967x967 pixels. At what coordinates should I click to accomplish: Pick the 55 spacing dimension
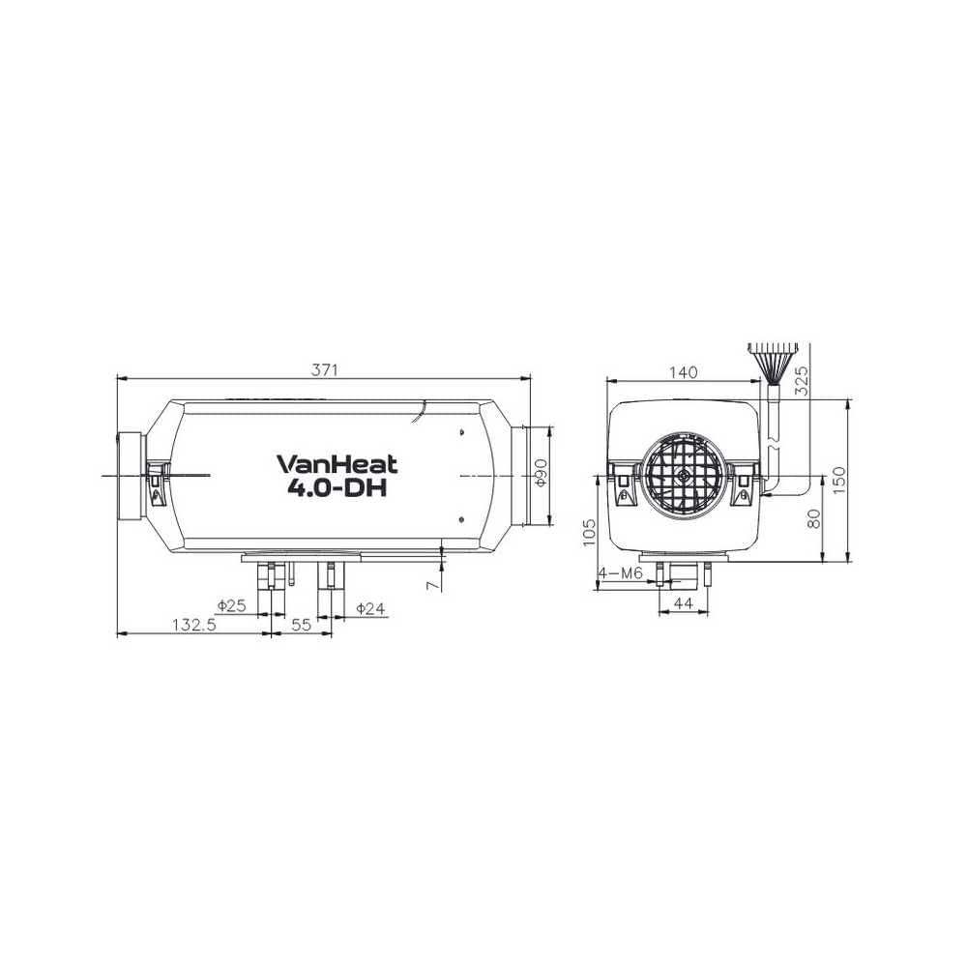(301, 625)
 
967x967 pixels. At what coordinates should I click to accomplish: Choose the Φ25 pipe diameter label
(232, 606)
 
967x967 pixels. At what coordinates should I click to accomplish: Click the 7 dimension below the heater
(432, 584)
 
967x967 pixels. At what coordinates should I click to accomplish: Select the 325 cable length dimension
(800, 380)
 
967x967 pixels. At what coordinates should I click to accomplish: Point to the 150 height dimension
(838, 480)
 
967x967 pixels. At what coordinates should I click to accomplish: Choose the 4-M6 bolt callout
(621, 573)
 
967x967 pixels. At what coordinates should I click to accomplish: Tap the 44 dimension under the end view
(683, 603)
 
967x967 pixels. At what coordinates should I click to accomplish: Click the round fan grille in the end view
(683, 475)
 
